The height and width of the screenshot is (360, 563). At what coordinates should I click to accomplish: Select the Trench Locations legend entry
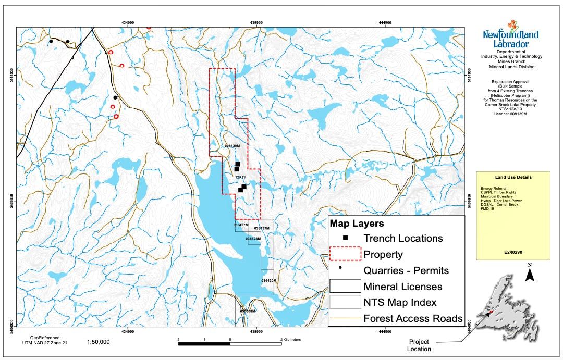point(403,238)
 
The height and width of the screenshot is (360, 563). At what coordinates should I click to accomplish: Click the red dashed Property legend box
point(345,254)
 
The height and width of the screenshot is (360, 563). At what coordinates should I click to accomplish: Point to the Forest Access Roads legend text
point(413,318)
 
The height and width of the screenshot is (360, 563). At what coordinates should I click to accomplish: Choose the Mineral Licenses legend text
point(403,286)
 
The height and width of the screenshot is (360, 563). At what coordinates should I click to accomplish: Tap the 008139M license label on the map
point(232,146)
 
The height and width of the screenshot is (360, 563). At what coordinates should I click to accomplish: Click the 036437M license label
point(262,228)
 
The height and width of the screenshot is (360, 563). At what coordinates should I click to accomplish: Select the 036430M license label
point(268,280)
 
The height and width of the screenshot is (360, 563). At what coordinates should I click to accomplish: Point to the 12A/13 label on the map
point(240,177)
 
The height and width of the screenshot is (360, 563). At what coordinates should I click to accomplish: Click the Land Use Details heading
point(513,177)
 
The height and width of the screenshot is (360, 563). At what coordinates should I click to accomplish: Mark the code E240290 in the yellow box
point(513,252)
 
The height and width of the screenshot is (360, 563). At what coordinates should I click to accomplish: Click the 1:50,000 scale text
point(98,342)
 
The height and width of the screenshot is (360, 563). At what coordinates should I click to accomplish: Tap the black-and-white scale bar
point(229,343)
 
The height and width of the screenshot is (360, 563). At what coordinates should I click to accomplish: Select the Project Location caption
point(420,345)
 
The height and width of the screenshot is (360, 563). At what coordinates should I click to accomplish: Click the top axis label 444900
point(385,22)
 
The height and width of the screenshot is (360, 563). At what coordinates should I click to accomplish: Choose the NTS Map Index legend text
point(400,302)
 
